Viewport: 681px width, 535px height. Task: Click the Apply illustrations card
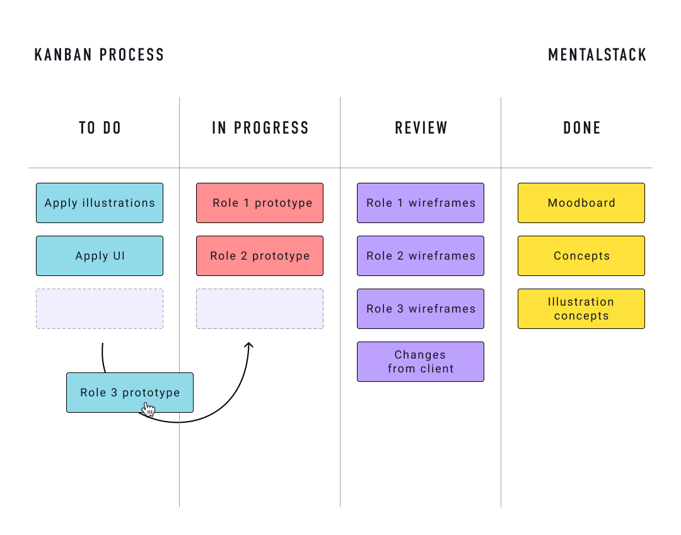[x=100, y=203]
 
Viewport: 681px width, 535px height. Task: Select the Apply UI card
[x=100, y=256]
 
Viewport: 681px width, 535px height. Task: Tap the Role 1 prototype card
[x=260, y=203]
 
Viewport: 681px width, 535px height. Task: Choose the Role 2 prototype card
[x=260, y=256]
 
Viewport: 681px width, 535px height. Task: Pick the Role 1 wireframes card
[x=421, y=203]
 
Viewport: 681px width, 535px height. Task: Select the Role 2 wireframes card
[x=421, y=256]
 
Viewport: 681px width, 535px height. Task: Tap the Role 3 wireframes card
[x=421, y=309]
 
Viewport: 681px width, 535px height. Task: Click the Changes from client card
[x=421, y=362]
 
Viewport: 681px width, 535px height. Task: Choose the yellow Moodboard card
[x=581, y=203]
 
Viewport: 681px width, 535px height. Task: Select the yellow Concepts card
[x=581, y=256]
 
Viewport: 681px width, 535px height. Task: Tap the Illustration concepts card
[x=581, y=309]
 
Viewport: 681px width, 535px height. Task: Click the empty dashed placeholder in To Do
[x=100, y=309]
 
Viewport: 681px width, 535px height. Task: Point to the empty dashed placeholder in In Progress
[x=260, y=309]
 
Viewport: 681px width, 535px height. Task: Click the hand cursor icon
[x=149, y=410]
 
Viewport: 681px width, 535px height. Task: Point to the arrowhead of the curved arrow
[x=248, y=345]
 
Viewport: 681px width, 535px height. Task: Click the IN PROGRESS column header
[x=260, y=128]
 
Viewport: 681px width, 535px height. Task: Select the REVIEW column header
[x=421, y=128]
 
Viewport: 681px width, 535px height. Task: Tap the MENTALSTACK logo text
[x=597, y=55]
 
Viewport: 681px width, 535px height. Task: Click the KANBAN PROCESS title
[x=99, y=55]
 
